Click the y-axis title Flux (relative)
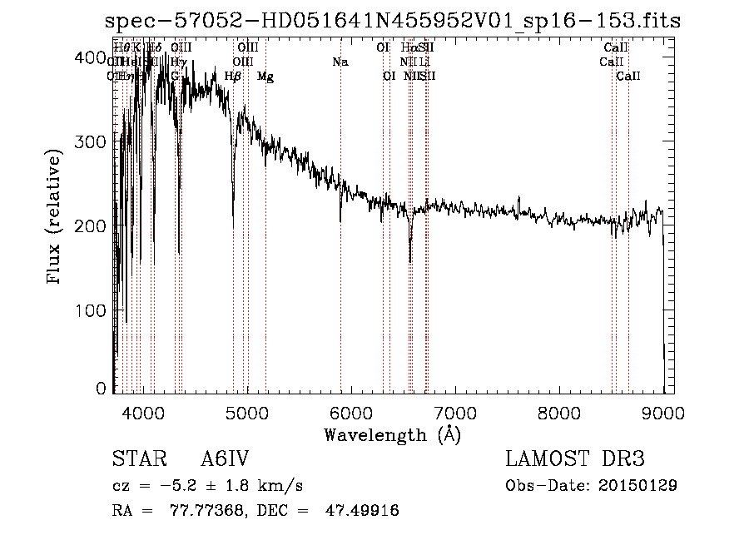coord(56,218)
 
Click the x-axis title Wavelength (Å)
coord(392,434)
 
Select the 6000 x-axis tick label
coord(350,412)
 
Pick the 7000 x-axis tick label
coord(454,412)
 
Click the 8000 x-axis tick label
coord(558,412)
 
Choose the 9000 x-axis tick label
coord(662,412)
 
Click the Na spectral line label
coord(340,62)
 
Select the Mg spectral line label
coord(265,77)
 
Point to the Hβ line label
coord(233,77)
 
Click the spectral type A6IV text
coord(225,460)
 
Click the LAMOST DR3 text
coord(575,460)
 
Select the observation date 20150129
coord(637,485)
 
